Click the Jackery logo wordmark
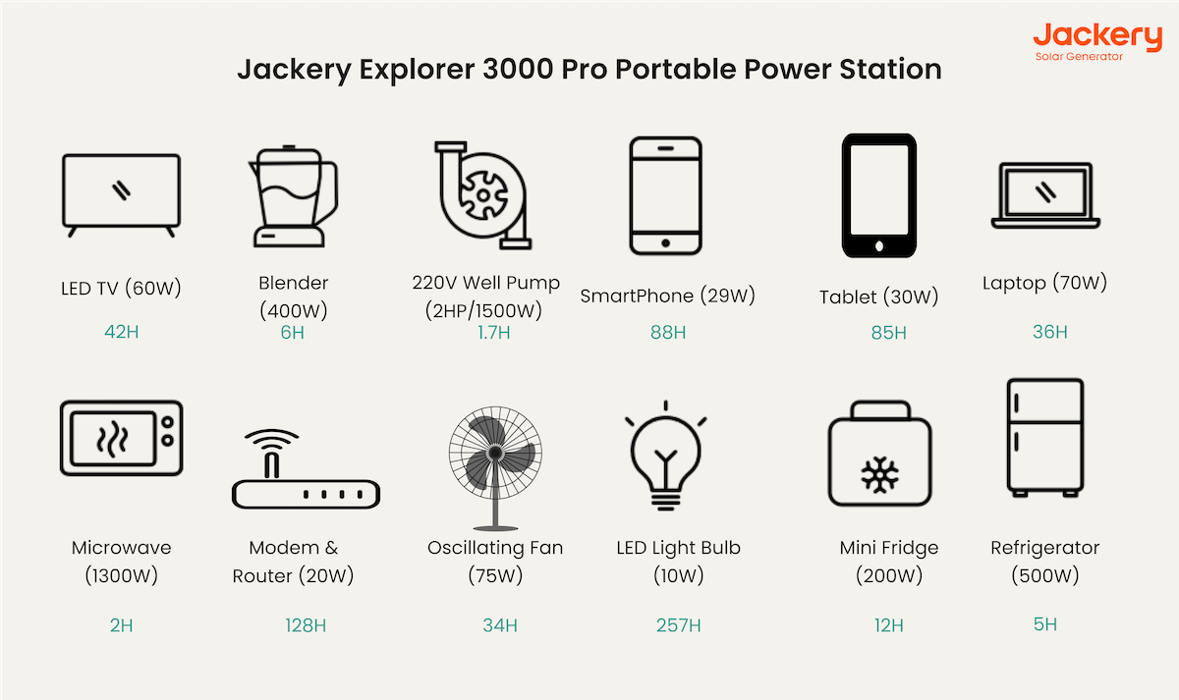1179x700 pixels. (x=1097, y=36)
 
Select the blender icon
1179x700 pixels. (x=293, y=195)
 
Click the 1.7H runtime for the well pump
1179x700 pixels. (x=493, y=333)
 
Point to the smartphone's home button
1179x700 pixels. (x=666, y=242)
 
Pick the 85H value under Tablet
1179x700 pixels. (x=888, y=333)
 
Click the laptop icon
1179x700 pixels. (x=1045, y=195)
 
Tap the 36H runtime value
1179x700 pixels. (x=1049, y=332)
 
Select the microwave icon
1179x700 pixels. (x=121, y=438)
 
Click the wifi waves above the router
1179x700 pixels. (x=271, y=438)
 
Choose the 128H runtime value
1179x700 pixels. (x=306, y=625)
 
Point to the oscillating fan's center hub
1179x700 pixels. (x=495, y=453)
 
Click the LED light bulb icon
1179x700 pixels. (x=666, y=456)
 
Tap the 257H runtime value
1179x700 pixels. (x=679, y=625)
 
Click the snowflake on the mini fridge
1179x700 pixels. (x=879, y=475)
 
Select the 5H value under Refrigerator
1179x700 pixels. (x=1044, y=624)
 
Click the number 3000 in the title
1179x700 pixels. (x=518, y=69)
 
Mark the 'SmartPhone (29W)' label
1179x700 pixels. (x=667, y=296)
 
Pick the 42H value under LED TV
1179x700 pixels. (x=121, y=332)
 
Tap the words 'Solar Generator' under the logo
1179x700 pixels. (x=1079, y=57)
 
